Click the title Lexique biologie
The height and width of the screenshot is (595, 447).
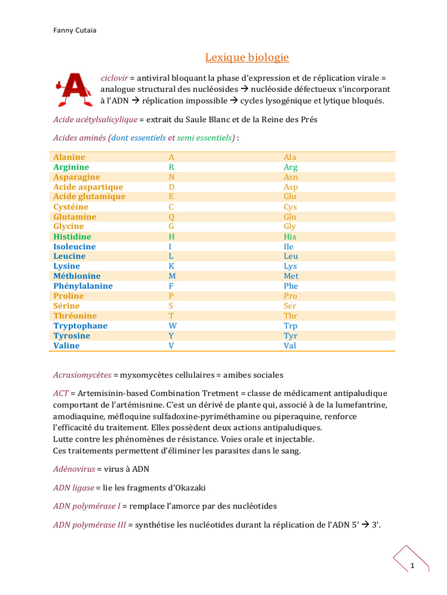(247, 58)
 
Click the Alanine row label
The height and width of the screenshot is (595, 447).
(69, 157)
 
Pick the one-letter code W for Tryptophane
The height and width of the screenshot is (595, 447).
(172, 326)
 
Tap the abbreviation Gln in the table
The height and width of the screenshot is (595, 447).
(290, 217)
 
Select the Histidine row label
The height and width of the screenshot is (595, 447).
(72, 236)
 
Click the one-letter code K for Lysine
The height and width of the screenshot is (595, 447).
(172, 266)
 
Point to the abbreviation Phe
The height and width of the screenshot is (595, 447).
(290, 286)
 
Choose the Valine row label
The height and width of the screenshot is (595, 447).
(66, 346)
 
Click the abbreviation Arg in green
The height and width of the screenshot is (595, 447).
(290, 167)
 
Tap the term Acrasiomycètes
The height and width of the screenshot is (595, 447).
(81, 375)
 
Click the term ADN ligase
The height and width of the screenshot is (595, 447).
(74, 488)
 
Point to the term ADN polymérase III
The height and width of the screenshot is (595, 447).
(89, 525)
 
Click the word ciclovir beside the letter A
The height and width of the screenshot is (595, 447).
(113, 77)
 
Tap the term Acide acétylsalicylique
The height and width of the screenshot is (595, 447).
(95, 119)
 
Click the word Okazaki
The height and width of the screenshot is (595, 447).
(189, 488)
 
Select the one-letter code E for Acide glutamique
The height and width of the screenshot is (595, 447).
(171, 196)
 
